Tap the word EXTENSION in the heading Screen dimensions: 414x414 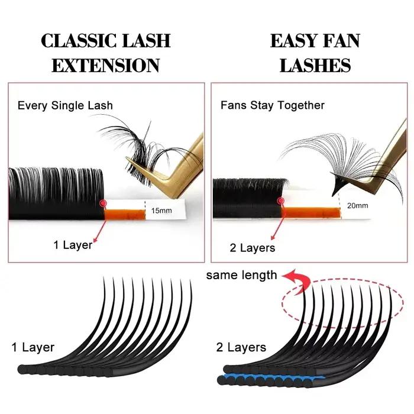point(106,65)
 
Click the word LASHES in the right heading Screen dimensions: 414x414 point(315,65)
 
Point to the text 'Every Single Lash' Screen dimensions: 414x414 point(65,106)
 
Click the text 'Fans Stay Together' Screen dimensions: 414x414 point(273,105)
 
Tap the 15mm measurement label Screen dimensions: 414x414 point(161,211)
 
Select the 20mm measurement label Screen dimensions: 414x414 point(357,205)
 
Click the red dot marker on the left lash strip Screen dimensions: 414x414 point(103,203)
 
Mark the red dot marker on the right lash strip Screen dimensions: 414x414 point(281,201)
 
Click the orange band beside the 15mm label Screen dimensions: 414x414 point(125,214)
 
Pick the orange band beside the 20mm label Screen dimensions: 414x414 point(310,213)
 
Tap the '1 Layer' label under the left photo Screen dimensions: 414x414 point(73,245)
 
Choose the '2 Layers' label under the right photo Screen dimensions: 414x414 point(253,248)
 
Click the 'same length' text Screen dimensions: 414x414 point(241,275)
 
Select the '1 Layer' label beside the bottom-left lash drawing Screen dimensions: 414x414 point(33,347)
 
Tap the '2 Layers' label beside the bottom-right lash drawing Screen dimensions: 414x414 point(241,347)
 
